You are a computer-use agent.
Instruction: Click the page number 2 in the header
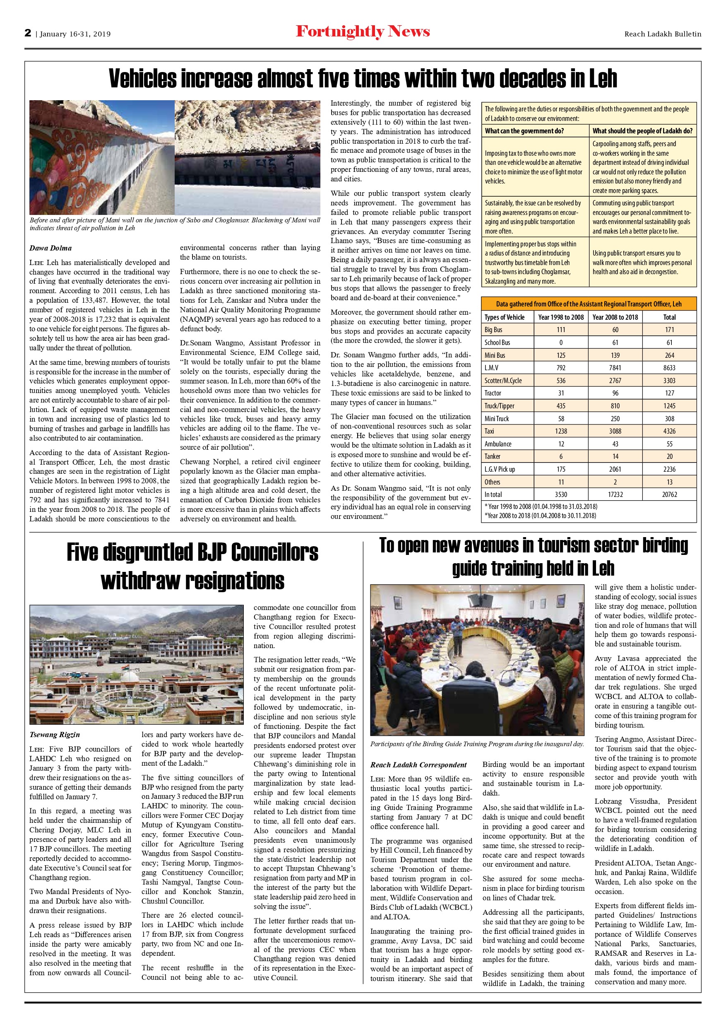[28, 33]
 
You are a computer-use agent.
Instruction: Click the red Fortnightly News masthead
[363, 32]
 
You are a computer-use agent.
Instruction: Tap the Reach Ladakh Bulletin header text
[663, 34]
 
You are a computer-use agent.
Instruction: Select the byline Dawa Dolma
[50, 248]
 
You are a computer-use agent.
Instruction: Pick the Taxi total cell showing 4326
[669, 431]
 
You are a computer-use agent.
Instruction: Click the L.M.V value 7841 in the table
[615, 368]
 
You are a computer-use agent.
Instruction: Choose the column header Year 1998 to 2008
[560, 317]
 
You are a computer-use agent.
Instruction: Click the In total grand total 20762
[669, 494]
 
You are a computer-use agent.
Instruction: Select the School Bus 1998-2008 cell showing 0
[560, 342]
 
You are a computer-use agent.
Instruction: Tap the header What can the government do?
[524, 131]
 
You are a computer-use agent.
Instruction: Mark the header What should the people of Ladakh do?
[642, 131]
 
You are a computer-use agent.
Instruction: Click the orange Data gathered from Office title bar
[589, 304]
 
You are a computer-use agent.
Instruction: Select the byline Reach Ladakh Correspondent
[418, 765]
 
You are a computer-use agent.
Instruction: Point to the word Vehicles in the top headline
[143, 79]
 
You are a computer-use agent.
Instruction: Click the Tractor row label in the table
[493, 393]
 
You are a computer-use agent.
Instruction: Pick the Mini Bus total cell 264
[669, 355]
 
